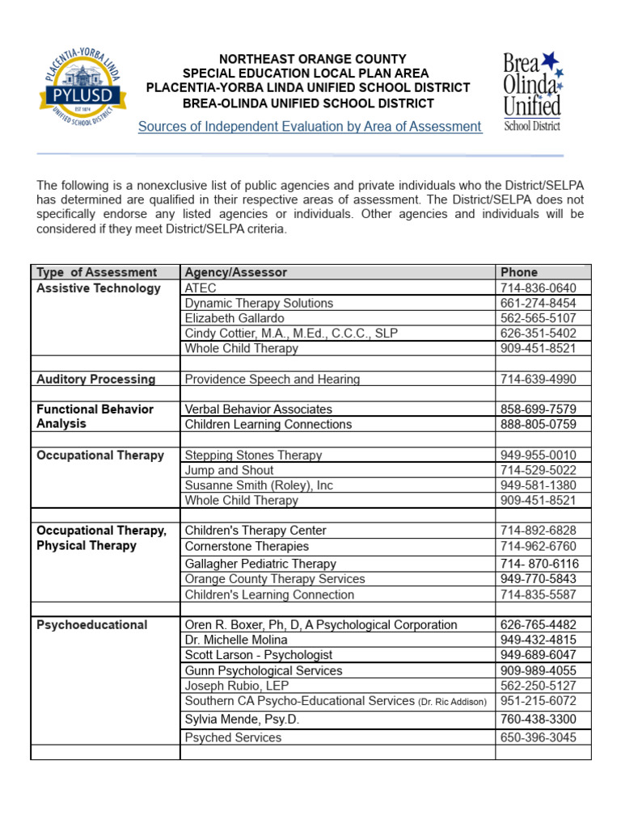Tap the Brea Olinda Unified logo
tap(532, 90)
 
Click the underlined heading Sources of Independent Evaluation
tap(310, 127)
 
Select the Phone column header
tap(519, 272)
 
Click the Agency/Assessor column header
tap(235, 272)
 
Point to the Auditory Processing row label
tap(96, 379)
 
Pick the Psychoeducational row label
tap(92, 624)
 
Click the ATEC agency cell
tap(201, 288)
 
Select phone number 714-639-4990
tap(539, 379)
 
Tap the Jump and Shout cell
tap(229, 470)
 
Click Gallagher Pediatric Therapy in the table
tap(260, 564)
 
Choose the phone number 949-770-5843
tap(539, 579)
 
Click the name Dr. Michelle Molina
tap(236, 640)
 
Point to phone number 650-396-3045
tap(539, 737)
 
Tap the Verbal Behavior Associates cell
tap(259, 409)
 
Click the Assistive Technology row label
tap(99, 288)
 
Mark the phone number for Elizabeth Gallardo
tap(539, 318)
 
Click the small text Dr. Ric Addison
tap(453, 703)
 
